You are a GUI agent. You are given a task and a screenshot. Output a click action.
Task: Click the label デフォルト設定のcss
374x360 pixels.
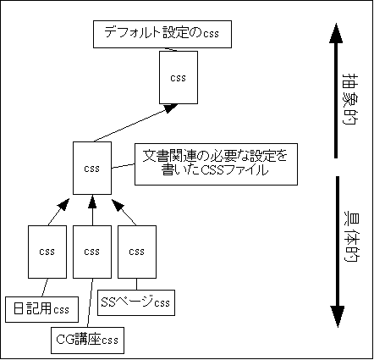[161, 34]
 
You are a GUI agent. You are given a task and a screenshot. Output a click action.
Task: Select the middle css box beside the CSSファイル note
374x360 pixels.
[91, 168]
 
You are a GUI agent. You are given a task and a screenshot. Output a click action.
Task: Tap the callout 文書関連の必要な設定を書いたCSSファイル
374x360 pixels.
[215, 163]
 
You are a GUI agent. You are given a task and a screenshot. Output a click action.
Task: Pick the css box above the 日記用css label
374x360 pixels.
[47, 251]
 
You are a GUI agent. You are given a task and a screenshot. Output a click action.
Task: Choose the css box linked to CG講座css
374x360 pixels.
[91, 251]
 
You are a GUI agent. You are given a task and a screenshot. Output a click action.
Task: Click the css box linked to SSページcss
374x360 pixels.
[136, 251]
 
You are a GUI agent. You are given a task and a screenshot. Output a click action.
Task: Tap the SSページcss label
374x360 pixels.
[135, 301]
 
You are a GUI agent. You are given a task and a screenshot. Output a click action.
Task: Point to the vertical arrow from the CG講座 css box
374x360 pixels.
[91, 210]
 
